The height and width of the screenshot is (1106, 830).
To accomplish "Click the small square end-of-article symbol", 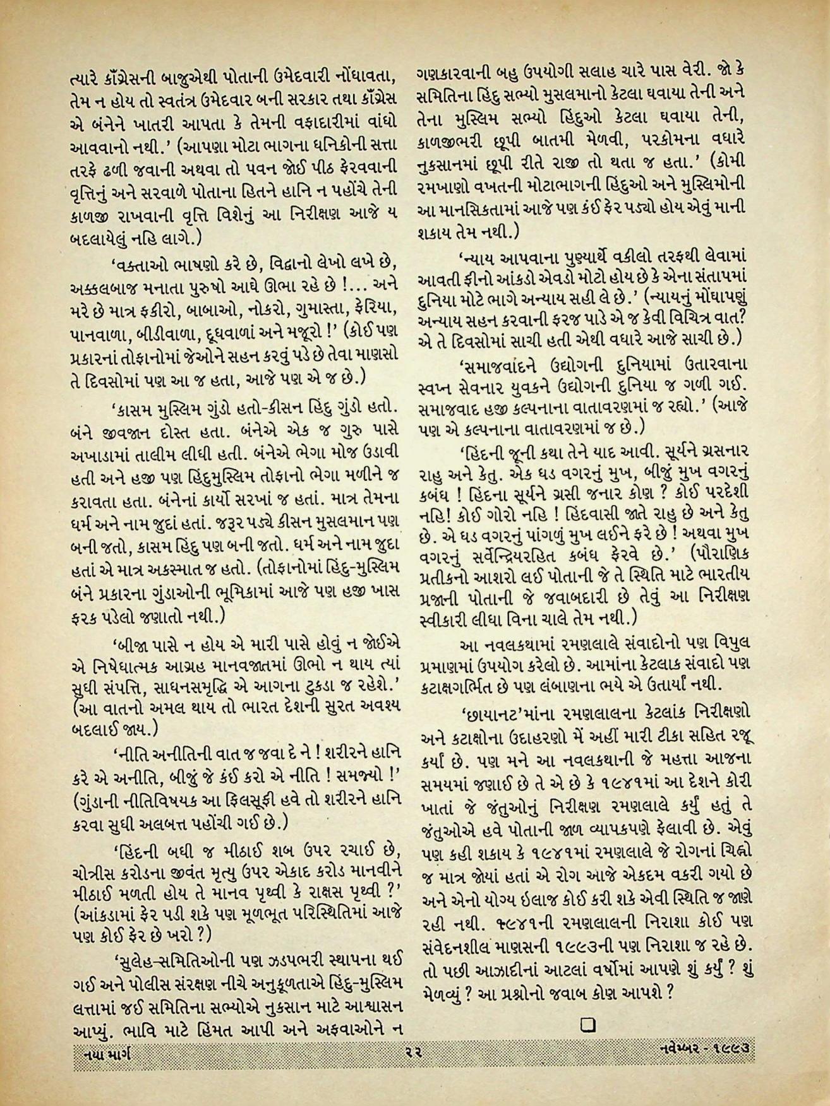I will (585, 1023).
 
